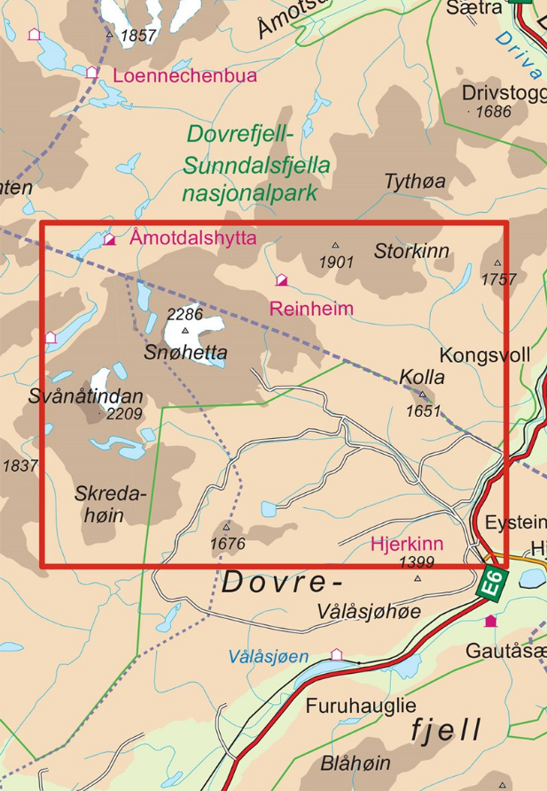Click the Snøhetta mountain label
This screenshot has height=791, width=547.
coord(185,353)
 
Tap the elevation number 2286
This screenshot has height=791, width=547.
coord(185,314)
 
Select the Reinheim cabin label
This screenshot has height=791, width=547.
coord(311,309)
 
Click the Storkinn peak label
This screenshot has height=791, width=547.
coord(411,251)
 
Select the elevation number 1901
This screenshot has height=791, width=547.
coord(337,262)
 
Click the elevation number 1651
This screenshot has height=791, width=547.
coord(423,411)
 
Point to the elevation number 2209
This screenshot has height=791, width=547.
coord(125,414)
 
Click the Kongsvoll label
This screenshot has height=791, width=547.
coord(485,356)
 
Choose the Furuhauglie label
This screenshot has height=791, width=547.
coord(361,707)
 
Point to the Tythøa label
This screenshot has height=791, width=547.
coord(415,181)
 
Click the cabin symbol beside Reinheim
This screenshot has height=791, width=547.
coord(281,280)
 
